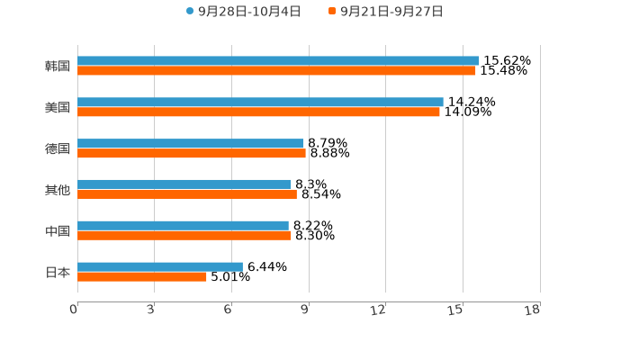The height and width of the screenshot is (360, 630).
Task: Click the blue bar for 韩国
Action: (278, 60)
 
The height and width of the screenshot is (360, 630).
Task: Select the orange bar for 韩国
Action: (276, 70)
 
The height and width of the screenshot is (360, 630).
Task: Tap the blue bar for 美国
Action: (260, 102)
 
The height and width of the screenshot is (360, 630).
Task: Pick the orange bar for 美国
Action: (258, 112)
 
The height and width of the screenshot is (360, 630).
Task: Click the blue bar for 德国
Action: (191, 143)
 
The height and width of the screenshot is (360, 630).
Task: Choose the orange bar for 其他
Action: (187, 193)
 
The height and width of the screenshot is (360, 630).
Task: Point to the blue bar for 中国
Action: (183, 225)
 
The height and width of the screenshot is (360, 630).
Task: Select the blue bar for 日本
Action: (160, 266)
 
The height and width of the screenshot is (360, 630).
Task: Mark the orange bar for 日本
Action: (142, 276)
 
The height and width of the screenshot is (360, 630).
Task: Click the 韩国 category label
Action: (58, 66)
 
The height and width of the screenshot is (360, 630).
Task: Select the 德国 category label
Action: (58, 148)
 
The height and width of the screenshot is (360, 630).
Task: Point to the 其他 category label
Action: (58, 190)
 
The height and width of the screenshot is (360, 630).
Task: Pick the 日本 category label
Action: (58, 272)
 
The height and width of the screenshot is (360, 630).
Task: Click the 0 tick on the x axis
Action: (74, 310)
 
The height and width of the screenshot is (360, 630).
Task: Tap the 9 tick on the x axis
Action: (305, 310)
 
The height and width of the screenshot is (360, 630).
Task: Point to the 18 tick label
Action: (533, 310)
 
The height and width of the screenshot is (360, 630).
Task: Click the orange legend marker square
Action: (332, 12)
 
